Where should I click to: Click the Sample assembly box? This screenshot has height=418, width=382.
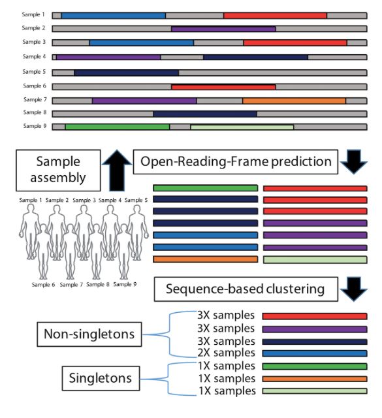click(x=58, y=170)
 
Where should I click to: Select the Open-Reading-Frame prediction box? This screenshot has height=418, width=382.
click(x=235, y=162)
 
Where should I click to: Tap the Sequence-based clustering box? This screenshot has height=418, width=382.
click(x=246, y=289)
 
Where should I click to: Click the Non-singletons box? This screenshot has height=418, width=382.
click(x=89, y=334)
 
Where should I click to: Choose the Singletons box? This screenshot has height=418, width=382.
click(x=101, y=378)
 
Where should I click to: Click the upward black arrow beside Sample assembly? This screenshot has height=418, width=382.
click(x=117, y=170)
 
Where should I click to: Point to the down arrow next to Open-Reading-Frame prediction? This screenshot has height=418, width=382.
click(x=353, y=162)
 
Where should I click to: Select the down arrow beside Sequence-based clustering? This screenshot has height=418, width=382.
click(x=353, y=289)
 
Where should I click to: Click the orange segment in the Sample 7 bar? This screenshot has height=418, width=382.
click(x=294, y=101)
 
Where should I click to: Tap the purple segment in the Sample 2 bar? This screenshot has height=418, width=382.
click(x=223, y=29)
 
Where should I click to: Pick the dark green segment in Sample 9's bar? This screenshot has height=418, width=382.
click(x=118, y=127)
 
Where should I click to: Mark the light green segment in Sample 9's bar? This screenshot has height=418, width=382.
click(x=242, y=127)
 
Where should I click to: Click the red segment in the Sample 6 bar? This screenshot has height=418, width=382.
click(x=223, y=87)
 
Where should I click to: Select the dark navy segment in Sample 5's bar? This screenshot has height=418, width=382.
click(x=127, y=72)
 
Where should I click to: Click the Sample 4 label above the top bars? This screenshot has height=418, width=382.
click(x=34, y=57)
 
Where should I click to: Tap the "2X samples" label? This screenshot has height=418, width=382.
click(x=226, y=353)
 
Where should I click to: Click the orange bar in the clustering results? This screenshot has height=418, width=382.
click(x=315, y=379)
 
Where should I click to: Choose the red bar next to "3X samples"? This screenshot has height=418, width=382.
click(x=315, y=316)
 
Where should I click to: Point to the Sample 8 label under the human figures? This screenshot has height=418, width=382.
click(x=98, y=285)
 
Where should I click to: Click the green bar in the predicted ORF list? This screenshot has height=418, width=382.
click(x=206, y=188)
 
